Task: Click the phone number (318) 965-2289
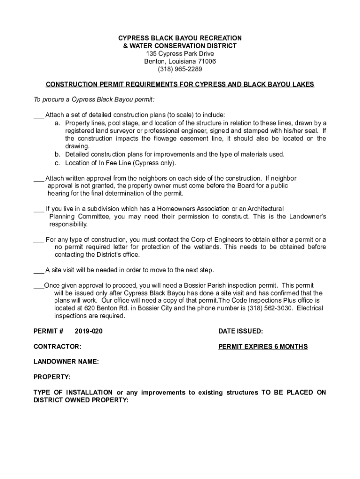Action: [x=180, y=69]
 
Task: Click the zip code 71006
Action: [x=205, y=61]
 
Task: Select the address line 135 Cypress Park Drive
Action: [x=180, y=53]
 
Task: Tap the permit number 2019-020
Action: [x=88, y=331]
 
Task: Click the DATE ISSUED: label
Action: [x=240, y=331]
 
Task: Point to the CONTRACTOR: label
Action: [x=57, y=347]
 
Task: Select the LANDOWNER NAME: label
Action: [x=66, y=362]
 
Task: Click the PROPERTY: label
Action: [x=52, y=377]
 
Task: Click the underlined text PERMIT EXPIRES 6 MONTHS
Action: [x=263, y=347]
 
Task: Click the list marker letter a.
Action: [x=57, y=123]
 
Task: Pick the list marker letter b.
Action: [x=57, y=154]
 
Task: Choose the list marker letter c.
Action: [x=57, y=163]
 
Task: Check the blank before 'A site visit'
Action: [x=38, y=270]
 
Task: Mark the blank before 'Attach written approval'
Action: [x=38, y=178]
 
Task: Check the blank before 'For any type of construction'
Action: [x=38, y=239]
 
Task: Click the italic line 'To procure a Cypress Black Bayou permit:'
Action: [x=94, y=100]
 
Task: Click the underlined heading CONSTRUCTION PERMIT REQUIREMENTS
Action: [x=180, y=85]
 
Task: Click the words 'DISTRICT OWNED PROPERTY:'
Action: [x=80, y=400]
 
